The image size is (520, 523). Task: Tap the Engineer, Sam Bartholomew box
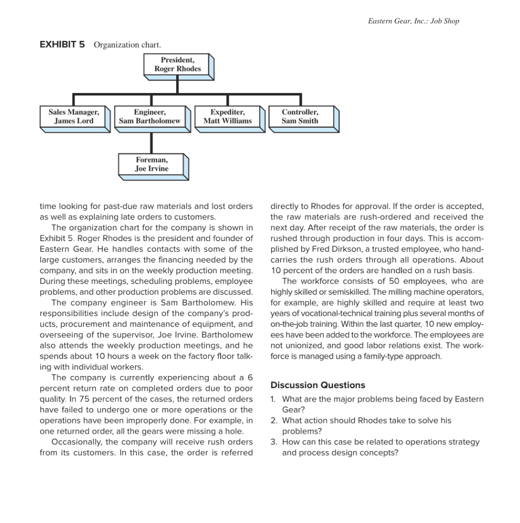tap(150, 116)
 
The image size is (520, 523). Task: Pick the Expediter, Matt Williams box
tap(227, 116)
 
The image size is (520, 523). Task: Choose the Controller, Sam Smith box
tap(300, 116)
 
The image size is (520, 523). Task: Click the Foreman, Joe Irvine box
tap(152, 164)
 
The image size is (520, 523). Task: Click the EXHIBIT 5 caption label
tap(62, 44)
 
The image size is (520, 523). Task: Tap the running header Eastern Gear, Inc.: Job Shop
tap(413, 21)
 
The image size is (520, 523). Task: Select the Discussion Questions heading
tap(318, 385)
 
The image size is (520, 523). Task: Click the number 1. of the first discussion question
tap(274, 399)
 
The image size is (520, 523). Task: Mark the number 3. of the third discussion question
tap(274, 442)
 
